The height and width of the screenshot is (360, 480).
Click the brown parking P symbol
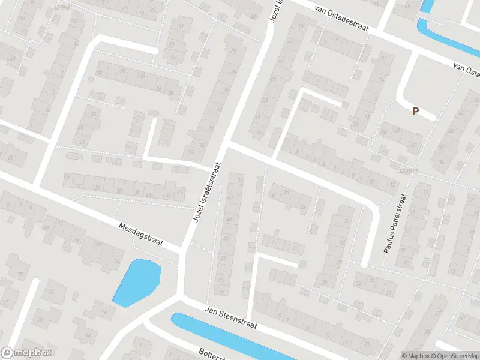[414, 110]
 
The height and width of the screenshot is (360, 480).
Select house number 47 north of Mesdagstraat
[181, 192]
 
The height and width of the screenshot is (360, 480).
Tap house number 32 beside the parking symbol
[412, 146]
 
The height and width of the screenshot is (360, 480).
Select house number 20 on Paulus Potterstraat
[406, 262]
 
